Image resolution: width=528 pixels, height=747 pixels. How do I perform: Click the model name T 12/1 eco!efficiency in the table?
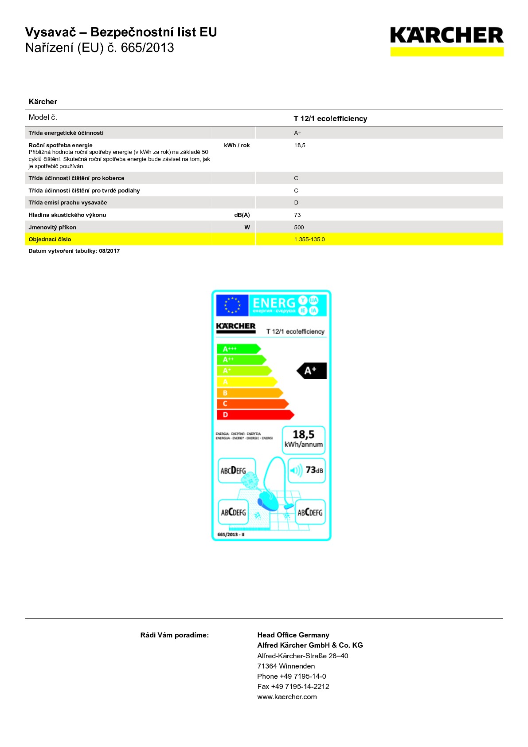[x=330, y=118]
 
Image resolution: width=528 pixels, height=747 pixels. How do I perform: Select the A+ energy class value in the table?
[x=297, y=133]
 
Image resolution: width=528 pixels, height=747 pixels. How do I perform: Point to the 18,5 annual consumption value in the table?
[x=300, y=145]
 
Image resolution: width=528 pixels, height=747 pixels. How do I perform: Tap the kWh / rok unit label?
[x=237, y=145]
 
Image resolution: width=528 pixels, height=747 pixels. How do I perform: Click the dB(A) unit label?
[x=242, y=215]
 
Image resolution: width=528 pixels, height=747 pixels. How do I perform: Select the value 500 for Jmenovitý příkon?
[x=299, y=227]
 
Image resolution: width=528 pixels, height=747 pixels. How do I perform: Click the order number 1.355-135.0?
[x=309, y=239]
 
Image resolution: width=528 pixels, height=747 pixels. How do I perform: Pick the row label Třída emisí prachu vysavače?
[x=68, y=202]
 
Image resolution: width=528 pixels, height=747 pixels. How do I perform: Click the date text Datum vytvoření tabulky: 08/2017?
[x=74, y=251]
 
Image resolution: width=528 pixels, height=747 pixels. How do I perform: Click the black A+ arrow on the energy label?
[x=312, y=370]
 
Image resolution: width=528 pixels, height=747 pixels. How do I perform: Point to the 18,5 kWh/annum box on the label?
[x=304, y=439]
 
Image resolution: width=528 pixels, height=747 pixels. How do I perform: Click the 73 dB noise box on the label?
[x=307, y=470]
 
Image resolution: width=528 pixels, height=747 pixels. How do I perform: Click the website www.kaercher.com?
[x=287, y=696]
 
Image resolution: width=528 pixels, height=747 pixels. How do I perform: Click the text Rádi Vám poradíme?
[x=174, y=635]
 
